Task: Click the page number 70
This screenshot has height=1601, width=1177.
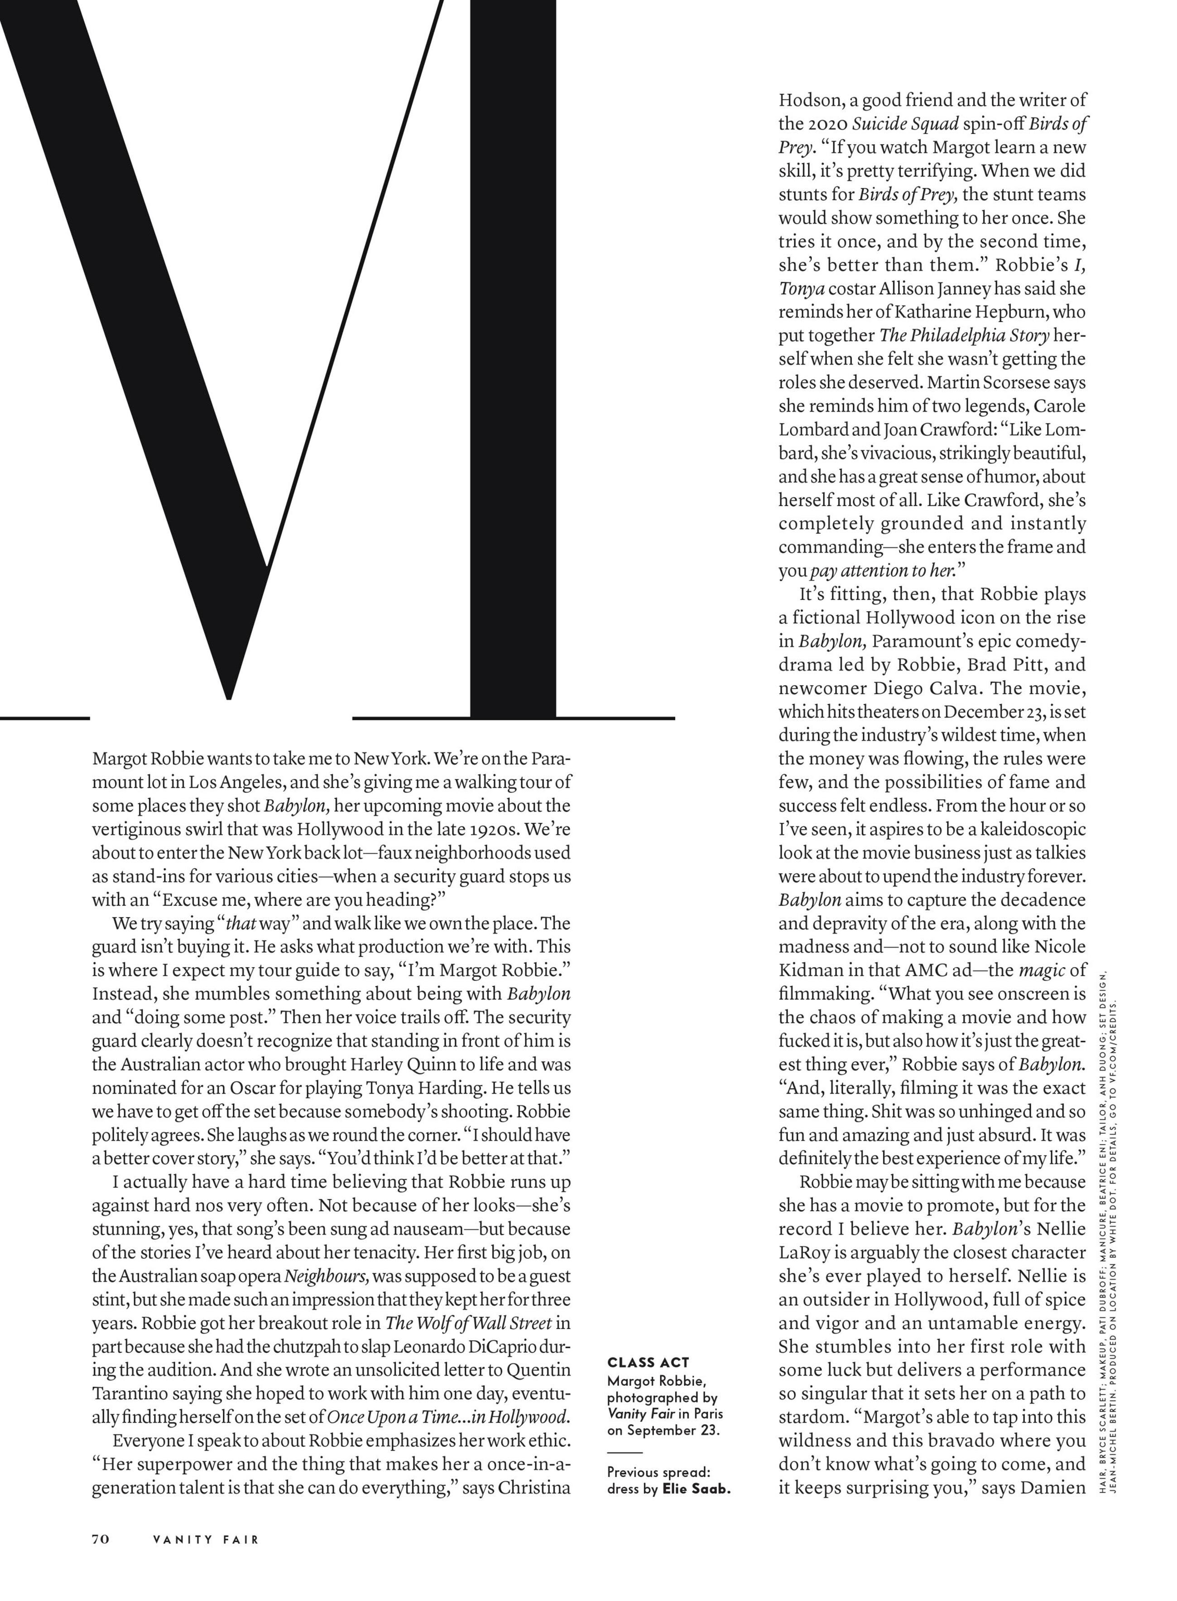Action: (101, 1539)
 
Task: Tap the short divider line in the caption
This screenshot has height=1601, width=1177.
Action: (625, 1452)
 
